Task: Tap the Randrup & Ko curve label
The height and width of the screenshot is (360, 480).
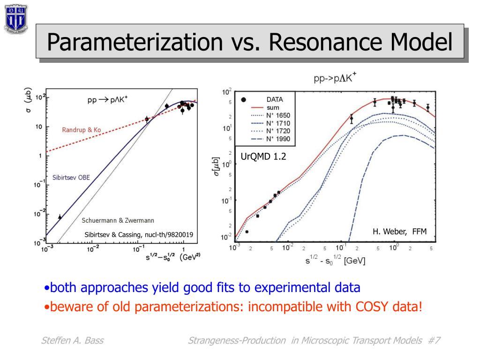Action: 81,129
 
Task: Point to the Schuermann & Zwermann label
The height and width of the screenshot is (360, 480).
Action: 118,220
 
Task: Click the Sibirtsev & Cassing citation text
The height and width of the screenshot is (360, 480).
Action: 138,235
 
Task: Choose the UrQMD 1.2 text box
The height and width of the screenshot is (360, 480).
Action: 263,157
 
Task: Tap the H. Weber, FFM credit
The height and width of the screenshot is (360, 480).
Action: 399,231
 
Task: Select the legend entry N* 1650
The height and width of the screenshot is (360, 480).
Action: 278,115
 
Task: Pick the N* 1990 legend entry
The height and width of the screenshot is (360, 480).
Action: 278,139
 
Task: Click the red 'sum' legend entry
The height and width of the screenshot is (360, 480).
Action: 273,107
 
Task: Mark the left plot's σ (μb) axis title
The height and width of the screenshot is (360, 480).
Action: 27,101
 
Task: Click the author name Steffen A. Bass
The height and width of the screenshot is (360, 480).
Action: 72,341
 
